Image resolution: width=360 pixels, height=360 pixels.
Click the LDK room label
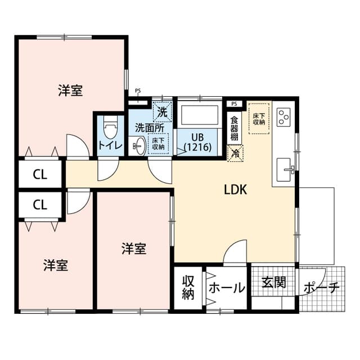click(x=236, y=190)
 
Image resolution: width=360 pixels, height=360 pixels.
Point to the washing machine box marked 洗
click(x=162, y=111)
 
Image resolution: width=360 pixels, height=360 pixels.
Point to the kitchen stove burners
click(x=283, y=116)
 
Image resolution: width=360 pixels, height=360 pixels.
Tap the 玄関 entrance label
click(x=273, y=282)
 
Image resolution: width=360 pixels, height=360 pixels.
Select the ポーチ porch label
click(x=321, y=289)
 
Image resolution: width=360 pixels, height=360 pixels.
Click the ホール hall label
click(x=227, y=288)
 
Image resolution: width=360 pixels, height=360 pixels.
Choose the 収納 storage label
click(x=188, y=287)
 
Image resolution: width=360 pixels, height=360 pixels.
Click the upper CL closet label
click(x=39, y=174)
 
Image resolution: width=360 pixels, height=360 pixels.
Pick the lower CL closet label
click(x=39, y=205)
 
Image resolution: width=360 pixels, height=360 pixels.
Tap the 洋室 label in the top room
click(x=70, y=91)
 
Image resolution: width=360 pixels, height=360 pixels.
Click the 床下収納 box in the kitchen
click(x=259, y=118)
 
